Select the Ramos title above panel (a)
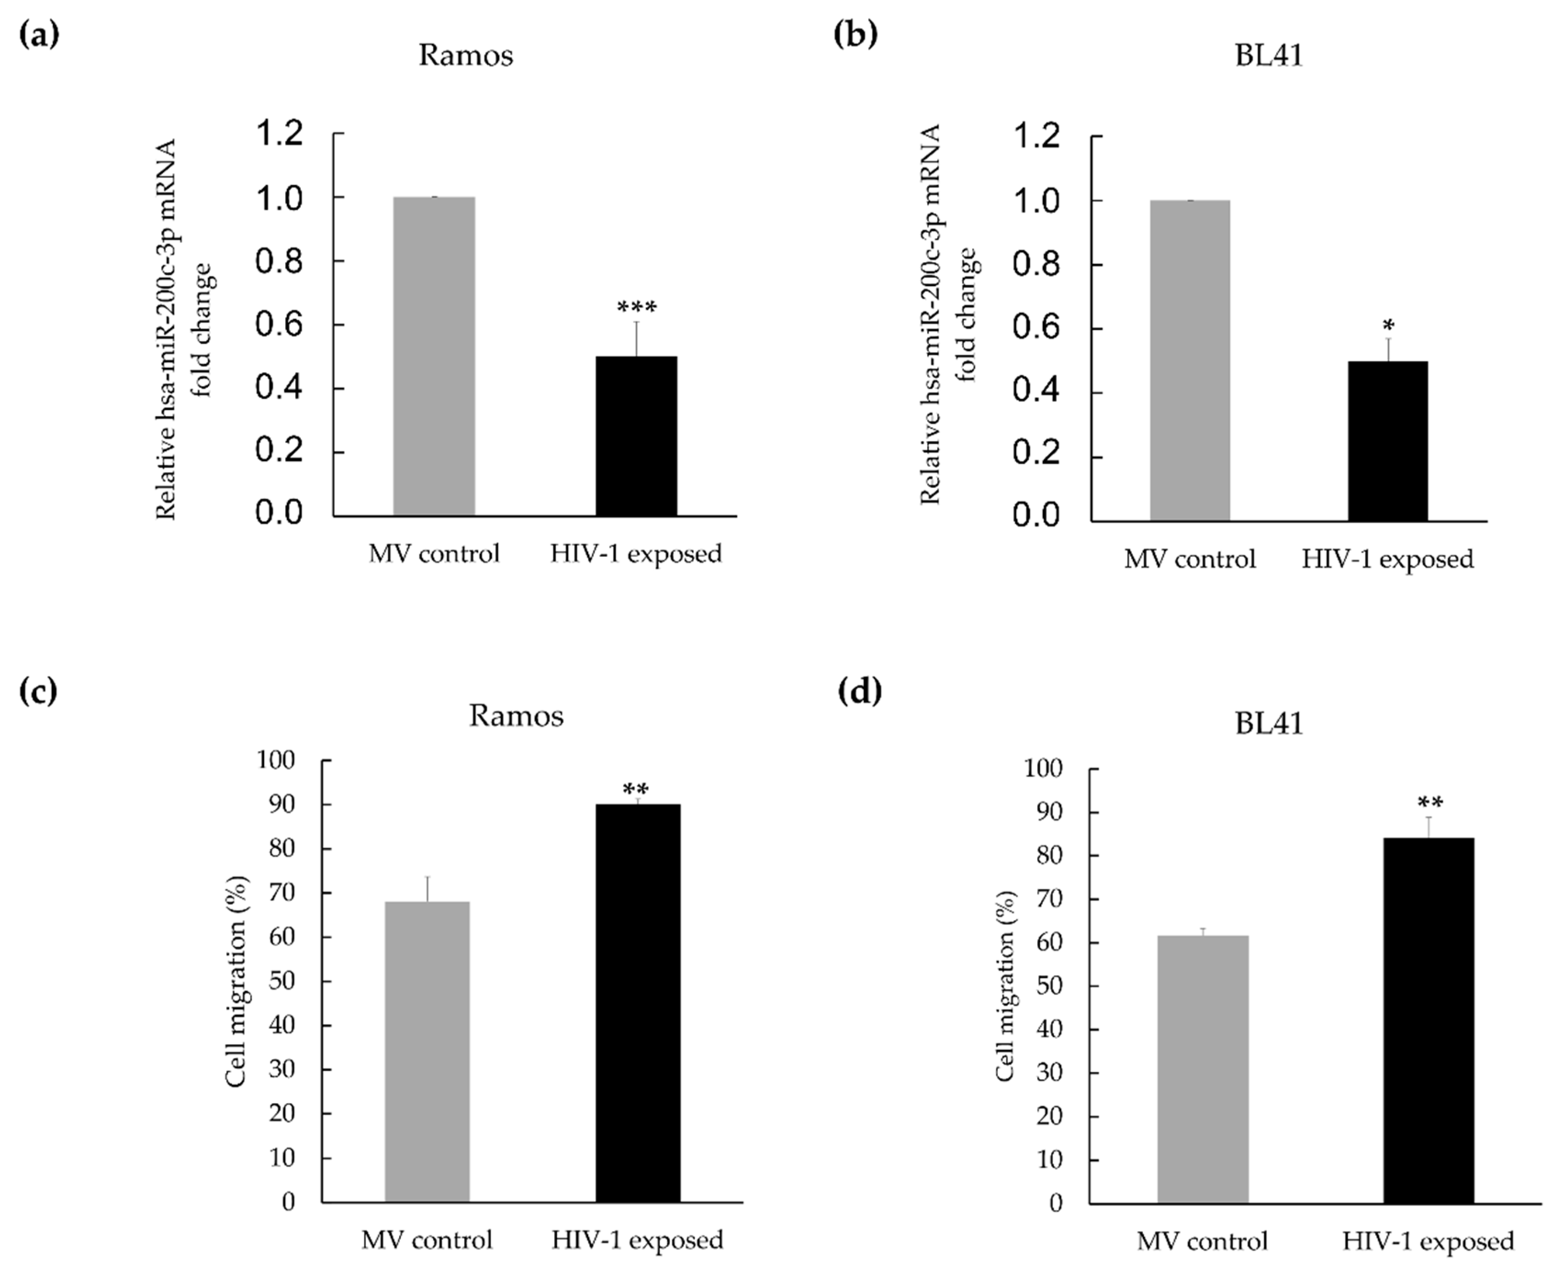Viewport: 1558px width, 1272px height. tap(465, 56)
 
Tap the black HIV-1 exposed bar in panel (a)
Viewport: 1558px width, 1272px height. tap(636, 436)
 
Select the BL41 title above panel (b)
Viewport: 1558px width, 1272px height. tap(1269, 56)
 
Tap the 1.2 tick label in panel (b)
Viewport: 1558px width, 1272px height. tap(1035, 137)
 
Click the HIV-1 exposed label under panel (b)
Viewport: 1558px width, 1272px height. tap(1387, 560)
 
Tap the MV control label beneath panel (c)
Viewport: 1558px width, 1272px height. tap(427, 1240)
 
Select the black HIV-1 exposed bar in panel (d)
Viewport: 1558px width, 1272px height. tap(1429, 1021)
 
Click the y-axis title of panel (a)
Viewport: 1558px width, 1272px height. tap(183, 330)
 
